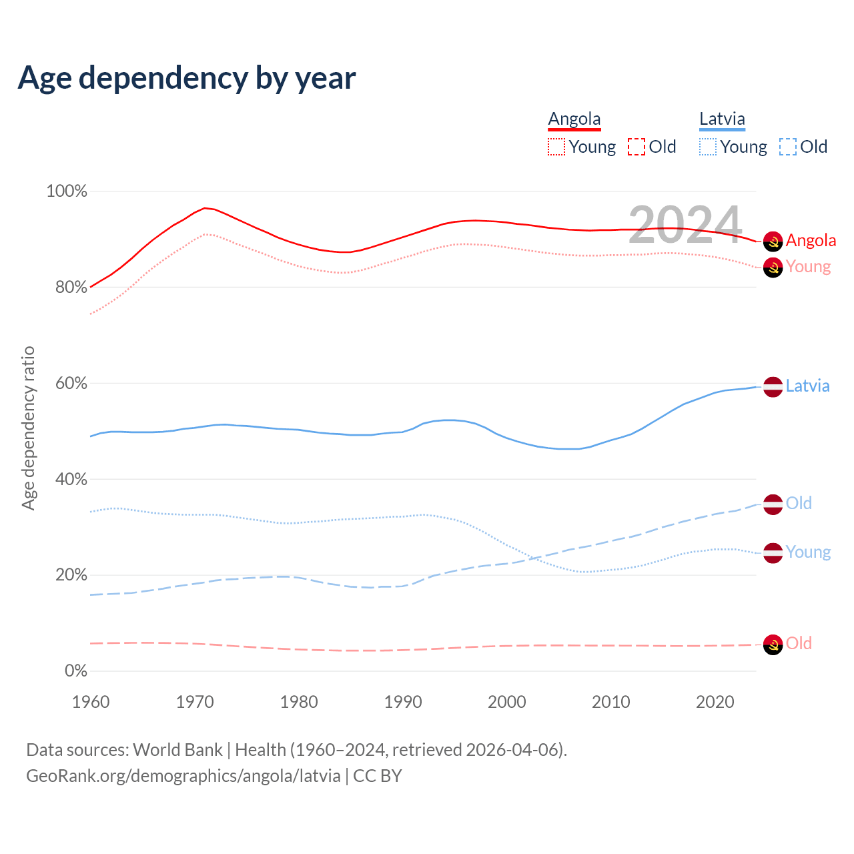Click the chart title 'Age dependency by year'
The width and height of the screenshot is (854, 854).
click(187, 78)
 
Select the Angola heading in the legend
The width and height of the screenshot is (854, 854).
click(574, 119)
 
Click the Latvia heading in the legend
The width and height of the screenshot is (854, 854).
click(722, 119)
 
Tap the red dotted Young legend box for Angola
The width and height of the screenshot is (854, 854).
click(556, 147)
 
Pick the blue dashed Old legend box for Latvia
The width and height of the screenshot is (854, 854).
click(788, 147)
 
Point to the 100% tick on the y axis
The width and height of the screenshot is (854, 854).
click(67, 191)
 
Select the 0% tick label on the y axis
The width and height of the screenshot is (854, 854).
click(76, 671)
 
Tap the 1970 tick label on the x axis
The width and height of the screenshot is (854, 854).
click(195, 702)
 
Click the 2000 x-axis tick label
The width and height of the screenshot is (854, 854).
click(507, 702)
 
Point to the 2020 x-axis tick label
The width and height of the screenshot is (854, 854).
click(715, 702)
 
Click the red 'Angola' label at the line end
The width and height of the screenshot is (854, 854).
click(811, 240)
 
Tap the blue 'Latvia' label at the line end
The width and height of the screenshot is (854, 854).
click(807, 386)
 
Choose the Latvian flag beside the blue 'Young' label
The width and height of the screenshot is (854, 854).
click(773, 553)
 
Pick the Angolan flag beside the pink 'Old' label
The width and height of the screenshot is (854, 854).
click(773, 645)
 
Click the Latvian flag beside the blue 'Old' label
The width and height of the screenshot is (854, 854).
click(773, 504)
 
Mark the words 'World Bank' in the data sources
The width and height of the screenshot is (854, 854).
click(177, 750)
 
